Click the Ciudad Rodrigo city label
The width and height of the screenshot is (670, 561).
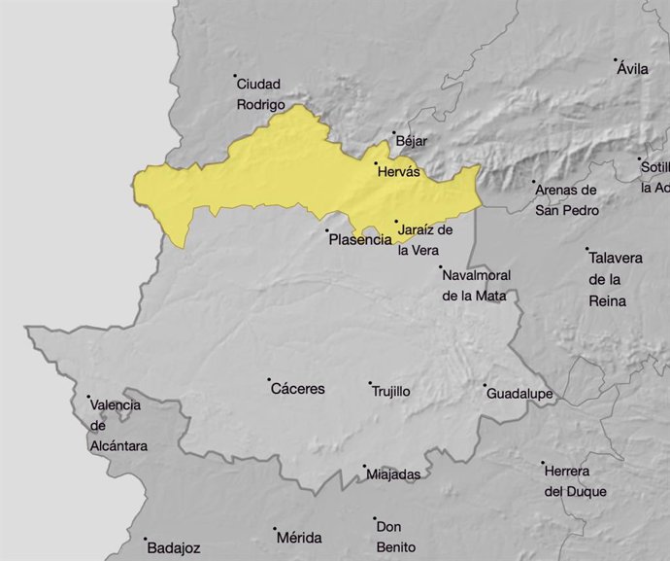pyautogui.click(x=260, y=93)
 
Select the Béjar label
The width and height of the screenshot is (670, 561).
pyautogui.click(x=412, y=142)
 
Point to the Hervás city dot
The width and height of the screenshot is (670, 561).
pyautogui.click(x=377, y=163)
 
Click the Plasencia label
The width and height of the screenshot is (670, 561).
pyautogui.click(x=359, y=239)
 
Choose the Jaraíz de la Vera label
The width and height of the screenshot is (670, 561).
pyautogui.click(x=425, y=239)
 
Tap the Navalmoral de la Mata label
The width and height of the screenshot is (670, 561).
pyautogui.click(x=476, y=285)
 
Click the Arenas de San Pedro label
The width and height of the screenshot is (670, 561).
pyautogui.click(x=566, y=200)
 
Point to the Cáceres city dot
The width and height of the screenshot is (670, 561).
pyautogui.click(x=270, y=379)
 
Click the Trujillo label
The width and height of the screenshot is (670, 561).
pyautogui.click(x=390, y=391)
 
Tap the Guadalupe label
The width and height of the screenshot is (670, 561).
pyautogui.click(x=519, y=394)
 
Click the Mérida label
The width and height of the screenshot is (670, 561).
pyautogui.click(x=298, y=538)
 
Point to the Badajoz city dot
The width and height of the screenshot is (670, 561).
pyautogui.click(x=146, y=540)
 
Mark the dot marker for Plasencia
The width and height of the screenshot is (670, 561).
pyautogui.click(x=327, y=231)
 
